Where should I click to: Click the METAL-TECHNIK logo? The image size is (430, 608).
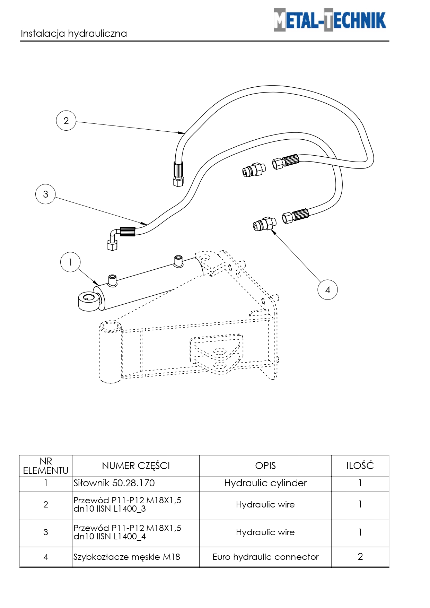(330, 20)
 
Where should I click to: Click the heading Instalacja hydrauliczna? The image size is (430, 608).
(74, 34)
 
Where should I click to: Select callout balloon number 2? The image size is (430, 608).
(66, 121)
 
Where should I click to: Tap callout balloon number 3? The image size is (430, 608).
(45, 194)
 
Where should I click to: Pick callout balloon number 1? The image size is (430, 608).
(70, 262)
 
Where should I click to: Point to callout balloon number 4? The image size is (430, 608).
(327, 290)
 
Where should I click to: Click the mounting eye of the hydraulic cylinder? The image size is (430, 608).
(89, 300)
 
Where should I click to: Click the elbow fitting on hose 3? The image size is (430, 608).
(113, 239)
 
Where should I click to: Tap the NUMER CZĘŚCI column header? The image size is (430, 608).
(136, 466)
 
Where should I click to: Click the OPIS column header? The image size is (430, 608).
(265, 466)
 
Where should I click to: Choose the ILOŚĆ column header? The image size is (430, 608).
(360, 466)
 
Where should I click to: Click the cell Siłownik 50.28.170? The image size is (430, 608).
(114, 483)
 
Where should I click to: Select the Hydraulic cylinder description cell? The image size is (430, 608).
(265, 483)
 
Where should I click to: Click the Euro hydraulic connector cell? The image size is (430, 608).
(265, 557)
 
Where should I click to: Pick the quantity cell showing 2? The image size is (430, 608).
(360, 557)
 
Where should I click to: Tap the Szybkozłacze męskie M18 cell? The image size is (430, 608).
(127, 557)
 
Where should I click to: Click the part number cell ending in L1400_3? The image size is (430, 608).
(127, 505)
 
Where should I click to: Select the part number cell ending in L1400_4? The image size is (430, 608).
(127, 532)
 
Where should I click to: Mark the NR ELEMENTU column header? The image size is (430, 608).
(46, 466)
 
